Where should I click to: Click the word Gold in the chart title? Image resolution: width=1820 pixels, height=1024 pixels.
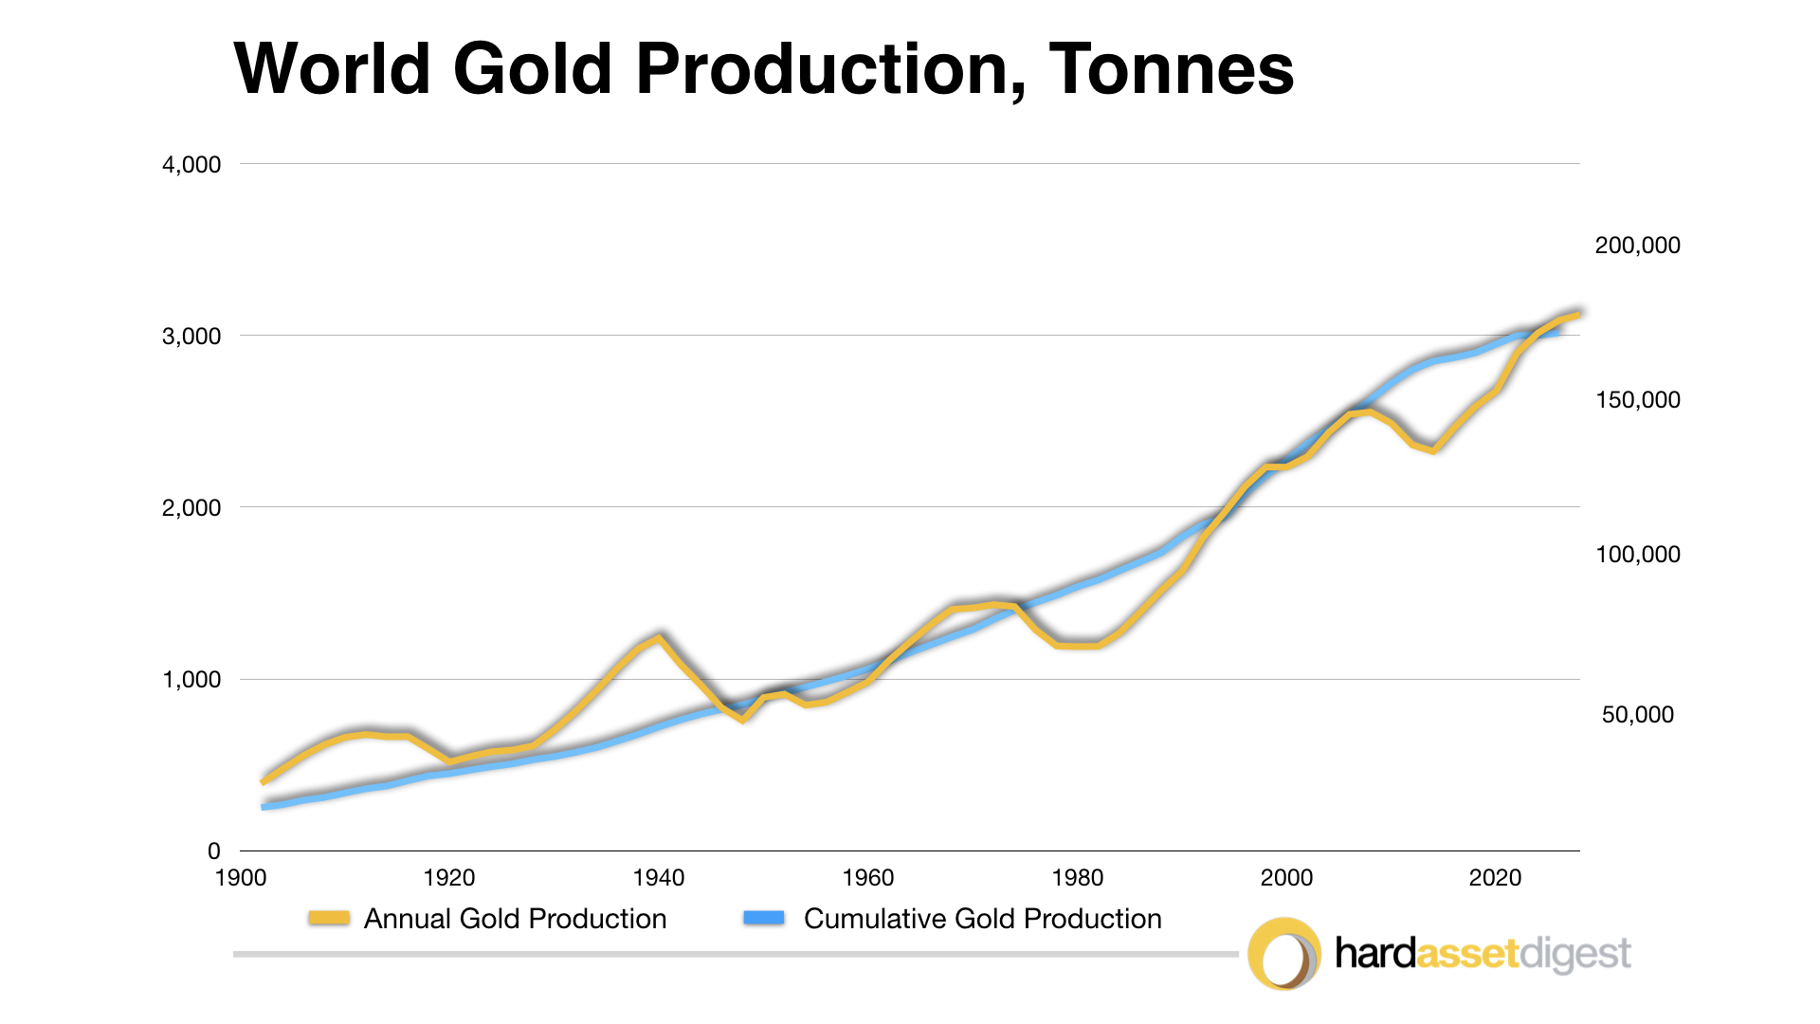point(532,69)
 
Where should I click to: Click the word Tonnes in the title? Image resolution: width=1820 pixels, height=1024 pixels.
point(1171,69)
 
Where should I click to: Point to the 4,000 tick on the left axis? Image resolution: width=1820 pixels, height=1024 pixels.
point(191,165)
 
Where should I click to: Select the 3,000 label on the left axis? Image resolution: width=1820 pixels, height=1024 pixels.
point(191,337)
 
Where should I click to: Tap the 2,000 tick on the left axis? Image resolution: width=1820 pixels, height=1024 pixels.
point(191,508)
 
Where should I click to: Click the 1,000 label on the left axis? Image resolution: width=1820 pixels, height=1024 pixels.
point(191,680)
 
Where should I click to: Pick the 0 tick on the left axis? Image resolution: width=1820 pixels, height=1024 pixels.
point(214,851)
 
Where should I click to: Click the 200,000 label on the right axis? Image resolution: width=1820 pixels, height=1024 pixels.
point(1637,246)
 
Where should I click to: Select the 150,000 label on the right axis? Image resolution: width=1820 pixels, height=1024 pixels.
point(1637,400)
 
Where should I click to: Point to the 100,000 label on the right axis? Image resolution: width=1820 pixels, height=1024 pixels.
point(1637,555)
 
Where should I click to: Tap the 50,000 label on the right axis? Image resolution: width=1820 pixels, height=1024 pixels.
point(1637,715)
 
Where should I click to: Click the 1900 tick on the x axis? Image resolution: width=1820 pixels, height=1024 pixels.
point(241,878)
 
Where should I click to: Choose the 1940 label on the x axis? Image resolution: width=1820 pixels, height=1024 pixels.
point(659,878)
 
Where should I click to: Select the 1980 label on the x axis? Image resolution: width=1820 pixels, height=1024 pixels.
point(1078,878)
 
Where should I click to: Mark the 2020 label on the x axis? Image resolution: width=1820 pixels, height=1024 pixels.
point(1495,878)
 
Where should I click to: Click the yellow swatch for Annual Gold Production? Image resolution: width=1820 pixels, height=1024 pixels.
point(329,918)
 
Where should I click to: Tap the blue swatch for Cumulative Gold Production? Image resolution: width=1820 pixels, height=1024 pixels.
point(764,918)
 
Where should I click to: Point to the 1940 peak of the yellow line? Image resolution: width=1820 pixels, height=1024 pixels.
point(659,636)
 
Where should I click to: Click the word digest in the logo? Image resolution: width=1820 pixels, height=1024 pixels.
point(1574,954)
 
